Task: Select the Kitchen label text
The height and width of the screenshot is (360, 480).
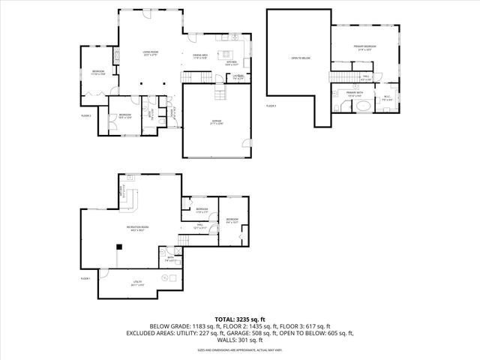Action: (231, 63)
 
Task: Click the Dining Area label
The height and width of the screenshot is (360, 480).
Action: (199, 55)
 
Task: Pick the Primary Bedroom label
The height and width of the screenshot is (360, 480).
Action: (365, 48)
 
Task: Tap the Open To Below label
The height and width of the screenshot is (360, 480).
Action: (300, 58)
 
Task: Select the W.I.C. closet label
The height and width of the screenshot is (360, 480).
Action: (387, 97)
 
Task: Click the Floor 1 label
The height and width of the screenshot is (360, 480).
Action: (85, 278)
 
